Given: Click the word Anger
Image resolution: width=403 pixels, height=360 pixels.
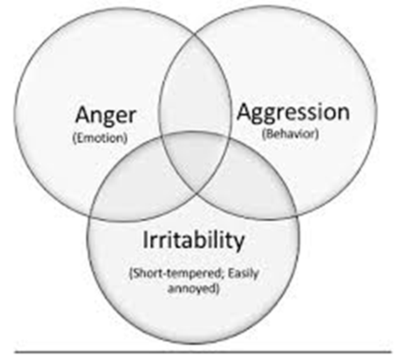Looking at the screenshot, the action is tap(105, 116).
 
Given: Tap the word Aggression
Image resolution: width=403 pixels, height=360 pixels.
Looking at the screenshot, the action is tap(293, 113).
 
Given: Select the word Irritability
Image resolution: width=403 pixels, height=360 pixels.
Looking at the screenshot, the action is tap(193, 240).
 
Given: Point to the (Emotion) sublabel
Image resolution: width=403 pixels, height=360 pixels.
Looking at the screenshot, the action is tap(101, 138).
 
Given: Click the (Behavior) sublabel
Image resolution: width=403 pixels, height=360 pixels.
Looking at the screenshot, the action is tap(291, 134).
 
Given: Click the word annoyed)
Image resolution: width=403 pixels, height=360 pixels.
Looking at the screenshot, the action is tap(193, 289).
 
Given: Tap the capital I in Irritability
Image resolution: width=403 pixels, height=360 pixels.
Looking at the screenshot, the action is tap(145, 239).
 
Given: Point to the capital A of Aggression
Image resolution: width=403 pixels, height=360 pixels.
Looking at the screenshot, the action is tap(245, 111).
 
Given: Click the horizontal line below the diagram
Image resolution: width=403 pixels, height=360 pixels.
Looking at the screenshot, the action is tap(203, 352).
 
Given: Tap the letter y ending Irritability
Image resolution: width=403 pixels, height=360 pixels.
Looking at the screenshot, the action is tap(239, 243).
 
